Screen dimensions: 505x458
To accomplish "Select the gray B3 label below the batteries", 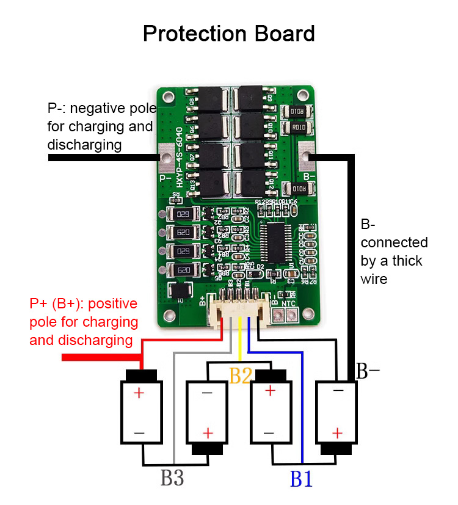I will (x=172, y=478).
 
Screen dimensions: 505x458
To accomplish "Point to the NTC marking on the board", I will (x=289, y=302).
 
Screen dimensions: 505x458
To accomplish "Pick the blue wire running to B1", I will (x=302, y=415).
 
